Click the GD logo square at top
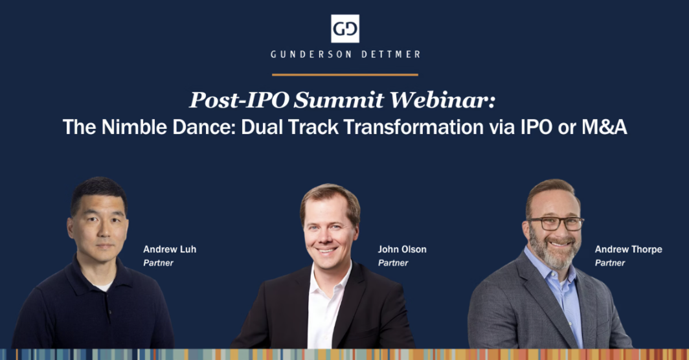tap(345, 28)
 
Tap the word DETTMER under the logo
tap(388, 55)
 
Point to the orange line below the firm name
tap(345, 74)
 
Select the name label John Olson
tap(402, 249)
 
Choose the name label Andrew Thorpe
tap(628, 249)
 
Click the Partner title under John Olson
tap(393, 263)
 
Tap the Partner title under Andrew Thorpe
tap(610, 263)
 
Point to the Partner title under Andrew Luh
tap(158, 263)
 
